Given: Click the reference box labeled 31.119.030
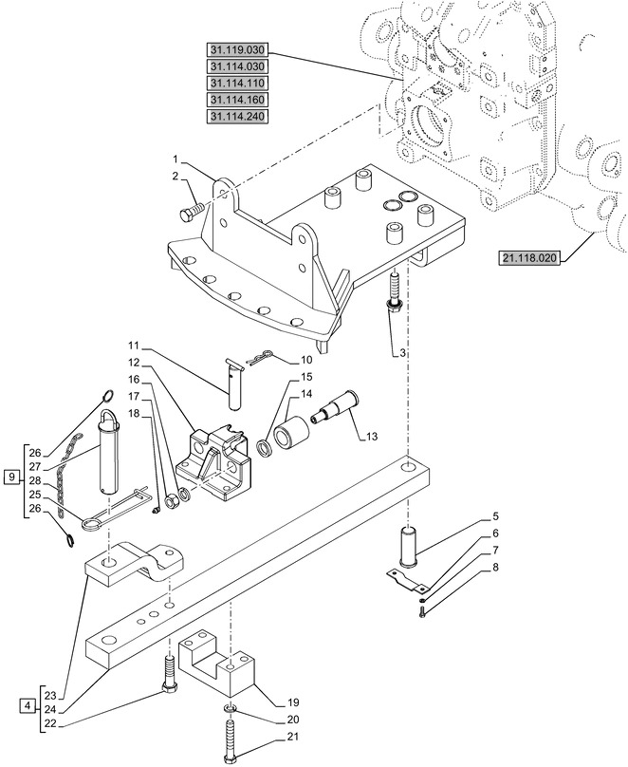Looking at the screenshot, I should click(x=236, y=49).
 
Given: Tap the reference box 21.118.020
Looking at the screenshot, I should click(x=534, y=257).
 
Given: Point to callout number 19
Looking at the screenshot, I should click(x=280, y=703).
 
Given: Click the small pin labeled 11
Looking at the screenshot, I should click(x=232, y=385).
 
